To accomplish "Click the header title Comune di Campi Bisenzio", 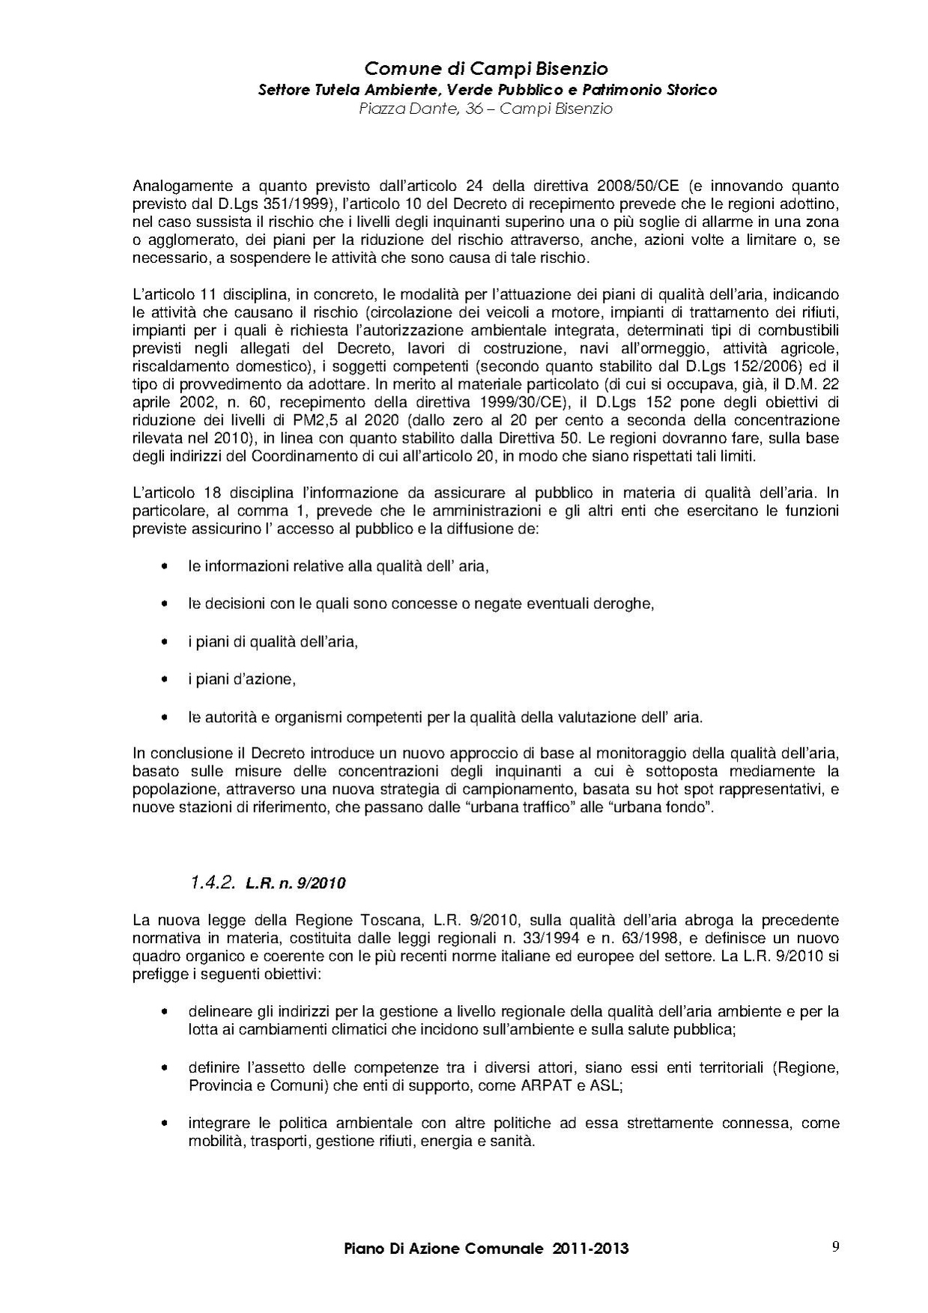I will (x=486, y=70).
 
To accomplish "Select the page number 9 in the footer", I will (x=835, y=1246).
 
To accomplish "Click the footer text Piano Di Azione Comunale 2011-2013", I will (x=486, y=1249).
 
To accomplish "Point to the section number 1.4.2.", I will (x=213, y=883).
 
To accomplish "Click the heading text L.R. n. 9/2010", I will (x=295, y=884).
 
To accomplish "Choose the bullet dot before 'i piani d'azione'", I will (x=164, y=680).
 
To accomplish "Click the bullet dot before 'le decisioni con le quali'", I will (x=164, y=604).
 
